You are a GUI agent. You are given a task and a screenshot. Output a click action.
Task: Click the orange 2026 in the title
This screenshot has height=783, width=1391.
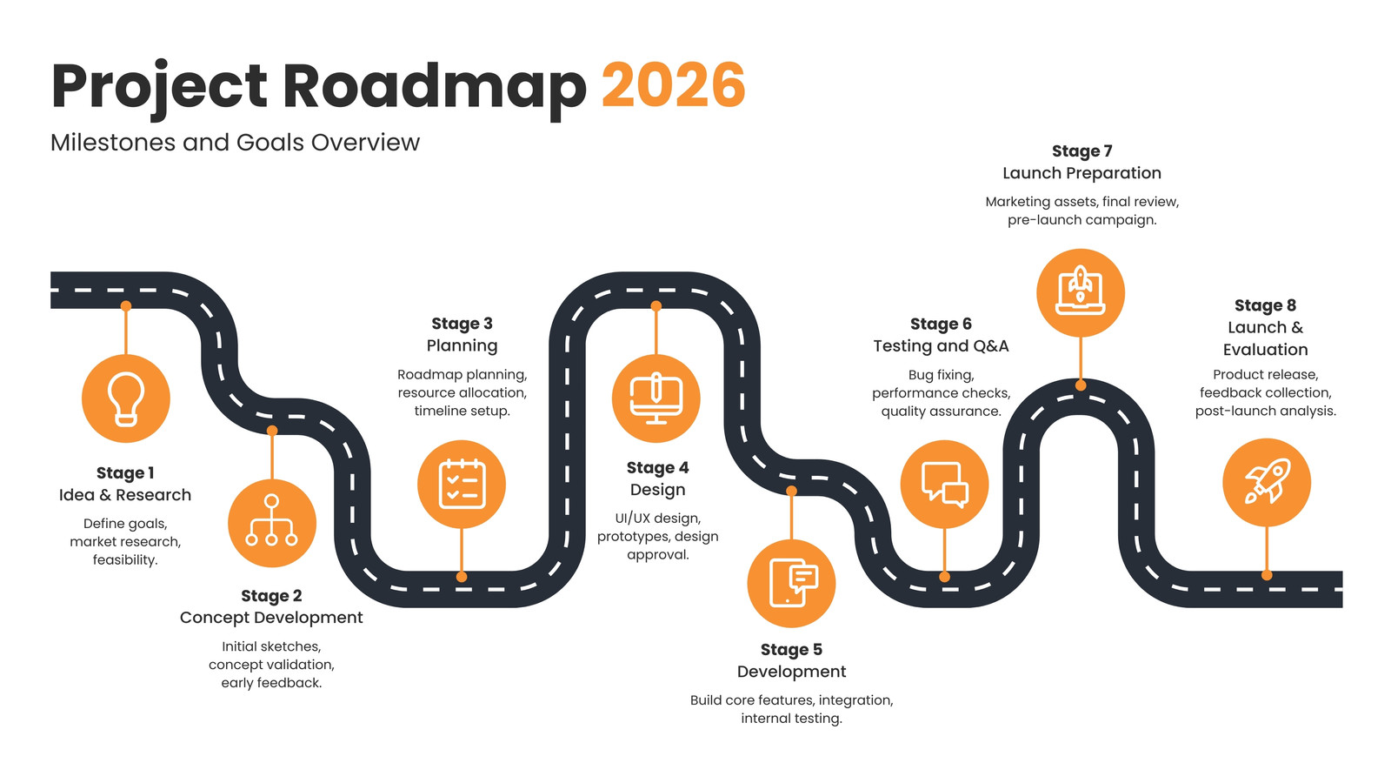[673, 85]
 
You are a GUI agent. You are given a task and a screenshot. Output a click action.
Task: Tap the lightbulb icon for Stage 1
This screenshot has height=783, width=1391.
[126, 398]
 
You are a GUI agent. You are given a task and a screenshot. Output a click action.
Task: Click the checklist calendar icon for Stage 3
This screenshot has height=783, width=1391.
[462, 484]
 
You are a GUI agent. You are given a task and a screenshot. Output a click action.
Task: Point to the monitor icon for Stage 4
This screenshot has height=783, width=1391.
[656, 398]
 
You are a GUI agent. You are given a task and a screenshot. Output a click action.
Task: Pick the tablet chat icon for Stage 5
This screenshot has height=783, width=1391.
[792, 584]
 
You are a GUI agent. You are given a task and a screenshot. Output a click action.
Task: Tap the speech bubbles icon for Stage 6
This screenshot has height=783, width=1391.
[944, 484]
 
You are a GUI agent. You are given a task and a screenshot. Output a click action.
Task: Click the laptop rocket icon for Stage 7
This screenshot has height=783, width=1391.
[1081, 292]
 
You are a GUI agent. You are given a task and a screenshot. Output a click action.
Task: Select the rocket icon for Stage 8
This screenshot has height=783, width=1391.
[1267, 482]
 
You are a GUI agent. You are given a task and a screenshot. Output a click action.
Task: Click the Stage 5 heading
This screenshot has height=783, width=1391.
[792, 649]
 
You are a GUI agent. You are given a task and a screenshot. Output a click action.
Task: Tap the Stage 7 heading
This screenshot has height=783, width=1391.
[1082, 151]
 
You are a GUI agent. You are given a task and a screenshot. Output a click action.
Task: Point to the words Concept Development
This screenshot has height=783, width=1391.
[271, 618]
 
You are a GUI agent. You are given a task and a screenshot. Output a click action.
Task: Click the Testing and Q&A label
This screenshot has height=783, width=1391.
[942, 346]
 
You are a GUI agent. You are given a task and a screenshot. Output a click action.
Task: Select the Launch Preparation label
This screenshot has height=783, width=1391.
[1082, 173]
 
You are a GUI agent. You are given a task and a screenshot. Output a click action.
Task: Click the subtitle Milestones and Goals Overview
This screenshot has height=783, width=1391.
[235, 143]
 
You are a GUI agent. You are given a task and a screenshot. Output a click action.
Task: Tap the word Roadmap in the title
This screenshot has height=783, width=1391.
[435, 87]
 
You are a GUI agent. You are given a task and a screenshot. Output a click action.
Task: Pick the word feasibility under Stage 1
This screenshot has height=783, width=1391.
[125, 560]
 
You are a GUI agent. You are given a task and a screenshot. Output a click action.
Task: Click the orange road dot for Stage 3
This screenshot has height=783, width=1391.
[462, 577]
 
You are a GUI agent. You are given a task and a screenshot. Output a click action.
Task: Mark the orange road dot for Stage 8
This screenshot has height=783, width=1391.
[1267, 575]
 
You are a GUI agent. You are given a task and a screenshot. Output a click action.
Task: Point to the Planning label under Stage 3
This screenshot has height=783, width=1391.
[462, 346]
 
